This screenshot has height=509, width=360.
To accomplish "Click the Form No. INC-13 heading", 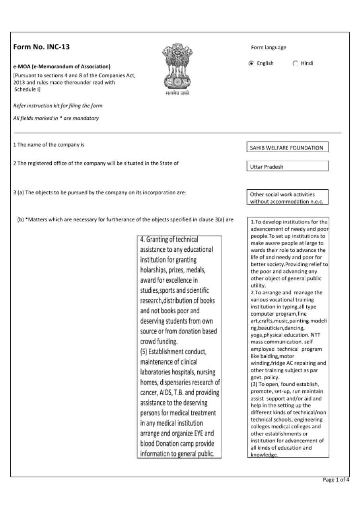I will point(41,47).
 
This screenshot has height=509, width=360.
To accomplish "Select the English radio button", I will point(251,63).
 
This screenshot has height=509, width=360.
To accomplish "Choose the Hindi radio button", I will point(295,63).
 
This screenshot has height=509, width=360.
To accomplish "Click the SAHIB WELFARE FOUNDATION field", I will point(287,148).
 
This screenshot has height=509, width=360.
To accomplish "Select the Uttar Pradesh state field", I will point(287,167).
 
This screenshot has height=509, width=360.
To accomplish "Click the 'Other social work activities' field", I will point(287,198).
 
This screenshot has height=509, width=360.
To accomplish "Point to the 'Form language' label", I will point(269,48).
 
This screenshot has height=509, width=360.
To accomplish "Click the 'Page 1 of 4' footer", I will point(336,480).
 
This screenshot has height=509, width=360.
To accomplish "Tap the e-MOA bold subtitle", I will point(62,66).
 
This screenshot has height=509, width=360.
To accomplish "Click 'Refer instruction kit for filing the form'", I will point(58,106).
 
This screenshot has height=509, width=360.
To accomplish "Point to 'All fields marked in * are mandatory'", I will point(56,118).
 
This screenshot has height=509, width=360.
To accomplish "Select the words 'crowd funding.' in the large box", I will point(159,342).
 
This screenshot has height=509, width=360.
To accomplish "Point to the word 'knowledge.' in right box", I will point(264,455).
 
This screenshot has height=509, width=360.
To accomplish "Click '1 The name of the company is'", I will point(49,145).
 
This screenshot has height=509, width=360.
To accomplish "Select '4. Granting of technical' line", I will point(169,239).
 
